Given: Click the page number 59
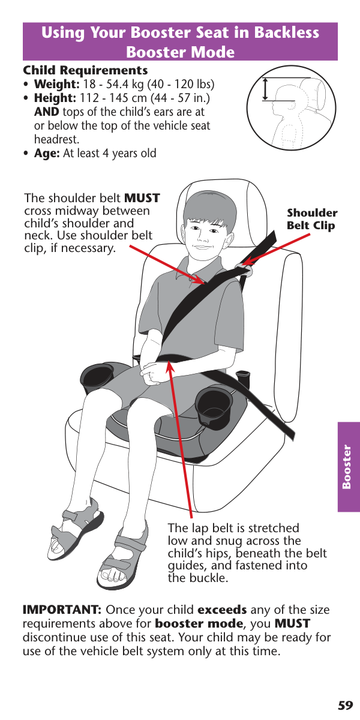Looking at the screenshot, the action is tap(345, 706).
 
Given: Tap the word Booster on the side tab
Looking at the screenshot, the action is tap(347, 467).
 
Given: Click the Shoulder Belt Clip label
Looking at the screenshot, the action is tap(312, 219).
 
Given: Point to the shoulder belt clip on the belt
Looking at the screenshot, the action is tap(244, 268).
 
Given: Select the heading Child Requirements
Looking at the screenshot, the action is tap(85, 70).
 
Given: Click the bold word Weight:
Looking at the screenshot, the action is tap(57, 84).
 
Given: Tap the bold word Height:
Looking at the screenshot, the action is tap(55, 98).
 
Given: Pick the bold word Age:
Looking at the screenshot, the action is tap(47, 154).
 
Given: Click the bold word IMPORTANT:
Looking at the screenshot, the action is tap(62, 610).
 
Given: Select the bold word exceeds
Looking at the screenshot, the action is tap(222, 610).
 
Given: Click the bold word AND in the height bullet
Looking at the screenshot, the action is tap(47, 112).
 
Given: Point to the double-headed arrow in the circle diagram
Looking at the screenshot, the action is tap(265, 89).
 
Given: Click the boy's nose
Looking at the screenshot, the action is tap(203, 236).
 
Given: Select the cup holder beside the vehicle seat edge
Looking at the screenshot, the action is tap(214, 406).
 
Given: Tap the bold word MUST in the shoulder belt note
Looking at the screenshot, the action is tap(142, 198).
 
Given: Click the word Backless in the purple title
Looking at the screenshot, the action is tap(286, 32).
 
